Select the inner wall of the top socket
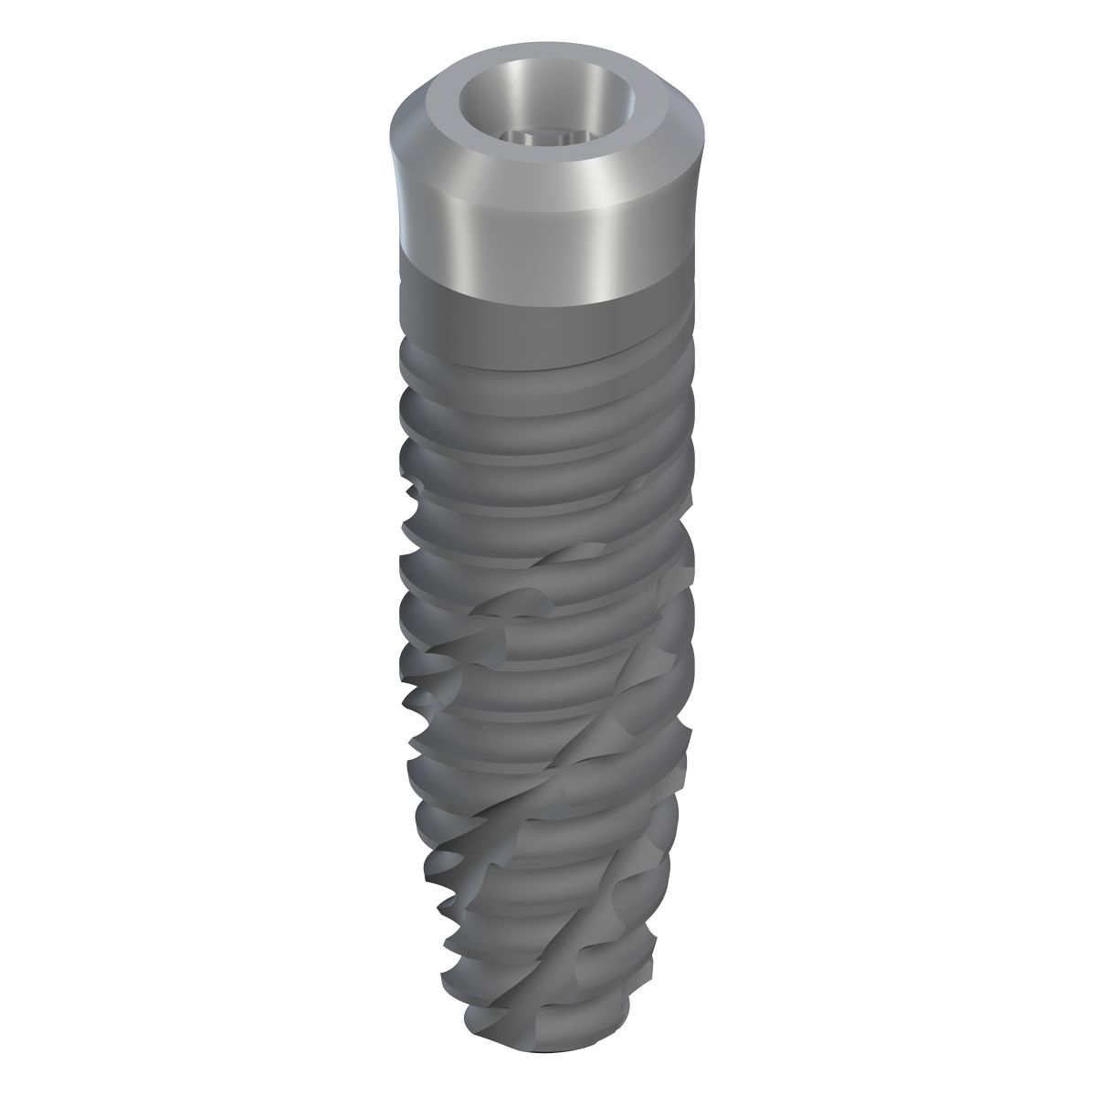pos(548,100)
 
